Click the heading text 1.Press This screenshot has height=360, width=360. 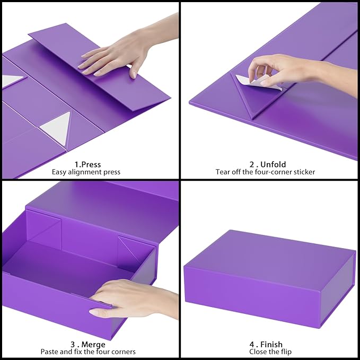click(87, 164)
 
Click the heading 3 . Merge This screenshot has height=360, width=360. click(87, 344)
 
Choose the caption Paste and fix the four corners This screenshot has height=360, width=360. click(87, 352)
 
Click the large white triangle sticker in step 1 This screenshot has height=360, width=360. click(55, 126)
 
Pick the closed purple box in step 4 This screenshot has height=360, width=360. click(269, 278)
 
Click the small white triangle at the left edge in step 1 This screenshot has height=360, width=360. click(12, 80)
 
